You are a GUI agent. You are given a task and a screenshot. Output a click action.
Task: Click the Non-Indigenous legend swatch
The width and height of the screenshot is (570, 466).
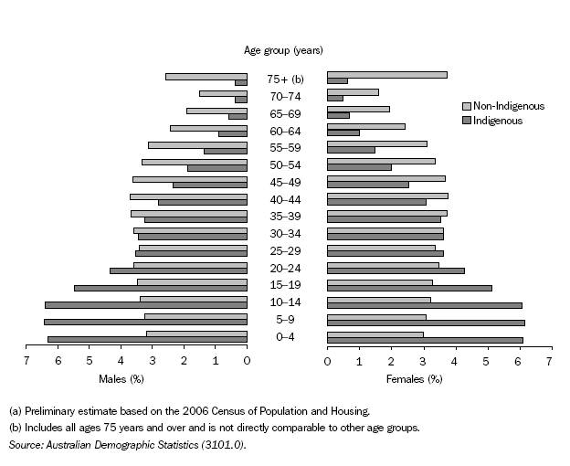click(466, 106)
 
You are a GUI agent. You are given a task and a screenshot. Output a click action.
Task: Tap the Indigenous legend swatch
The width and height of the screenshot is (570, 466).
click(466, 120)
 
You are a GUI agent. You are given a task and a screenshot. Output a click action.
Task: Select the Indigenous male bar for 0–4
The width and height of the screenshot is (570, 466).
click(147, 339)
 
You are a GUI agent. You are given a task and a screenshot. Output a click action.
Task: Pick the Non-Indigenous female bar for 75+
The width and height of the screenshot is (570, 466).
click(387, 75)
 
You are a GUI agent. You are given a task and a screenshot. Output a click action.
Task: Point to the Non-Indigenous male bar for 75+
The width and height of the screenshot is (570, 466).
click(206, 76)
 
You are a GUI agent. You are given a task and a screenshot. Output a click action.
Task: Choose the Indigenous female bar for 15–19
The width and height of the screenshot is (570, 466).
click(409, 288)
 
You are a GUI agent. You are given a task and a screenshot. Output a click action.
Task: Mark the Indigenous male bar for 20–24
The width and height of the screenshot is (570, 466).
click(178, 270)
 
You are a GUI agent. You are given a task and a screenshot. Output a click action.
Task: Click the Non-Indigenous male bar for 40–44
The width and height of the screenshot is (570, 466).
click(188, 196)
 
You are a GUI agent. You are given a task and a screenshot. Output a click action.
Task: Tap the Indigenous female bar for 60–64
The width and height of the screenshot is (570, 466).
click(343, 133)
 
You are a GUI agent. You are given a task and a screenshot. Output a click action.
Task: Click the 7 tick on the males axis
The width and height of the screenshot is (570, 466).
click(26, 362)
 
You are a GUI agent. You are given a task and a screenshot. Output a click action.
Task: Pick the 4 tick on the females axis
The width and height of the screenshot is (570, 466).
click(454, 362)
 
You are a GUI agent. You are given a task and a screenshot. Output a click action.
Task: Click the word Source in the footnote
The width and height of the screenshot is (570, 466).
click(26, 444)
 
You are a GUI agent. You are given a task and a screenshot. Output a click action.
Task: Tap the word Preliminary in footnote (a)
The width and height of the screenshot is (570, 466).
click(52, 411)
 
